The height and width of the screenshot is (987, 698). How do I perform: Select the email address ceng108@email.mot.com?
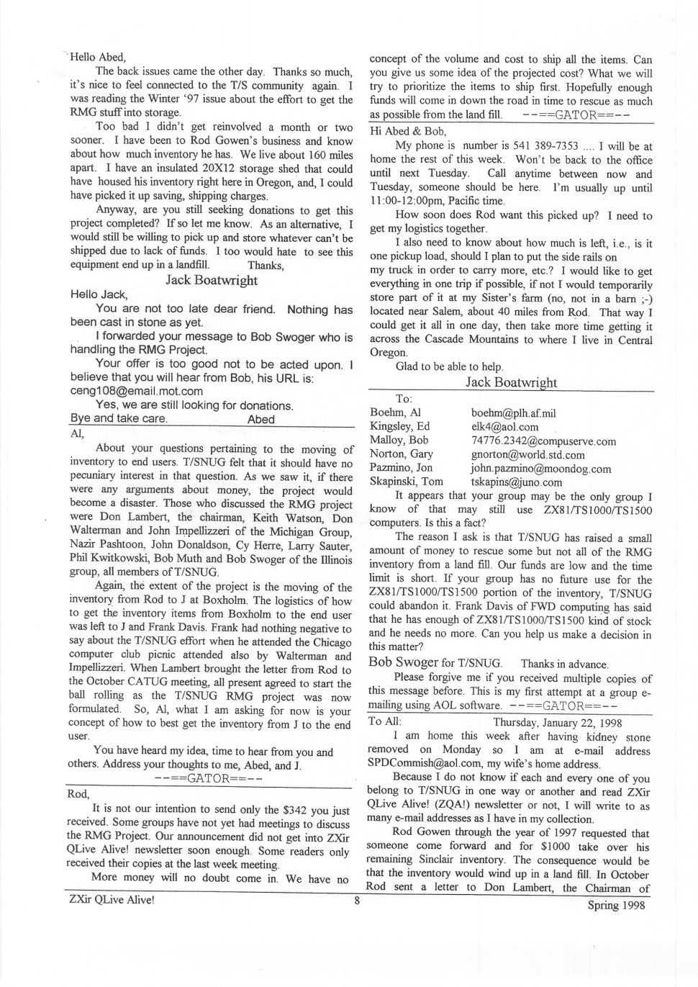coord(137,392)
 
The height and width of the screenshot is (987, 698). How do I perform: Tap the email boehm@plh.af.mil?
coord(513,413)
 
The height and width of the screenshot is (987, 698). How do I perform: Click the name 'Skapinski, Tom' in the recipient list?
coord(407,482)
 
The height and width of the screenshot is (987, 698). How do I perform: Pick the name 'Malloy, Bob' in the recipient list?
coord(399,441)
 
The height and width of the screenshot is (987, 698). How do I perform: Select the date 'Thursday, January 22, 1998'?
coord(558,723)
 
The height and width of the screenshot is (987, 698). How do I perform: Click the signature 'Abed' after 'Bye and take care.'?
coord(260,419)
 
